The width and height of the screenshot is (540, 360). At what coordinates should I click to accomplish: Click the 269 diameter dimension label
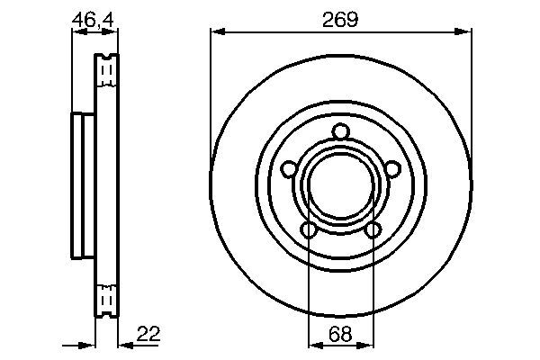click(341, 19)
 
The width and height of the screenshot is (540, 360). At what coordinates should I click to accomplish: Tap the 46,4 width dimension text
click(93, 18)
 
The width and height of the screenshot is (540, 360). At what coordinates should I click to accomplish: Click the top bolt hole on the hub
click(341, 133)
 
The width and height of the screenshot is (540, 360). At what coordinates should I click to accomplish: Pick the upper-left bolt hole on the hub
click(289, 169)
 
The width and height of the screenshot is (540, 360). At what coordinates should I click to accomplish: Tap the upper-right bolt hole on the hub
click(392, 169)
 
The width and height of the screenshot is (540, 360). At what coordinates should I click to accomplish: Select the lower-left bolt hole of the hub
click(309, 230)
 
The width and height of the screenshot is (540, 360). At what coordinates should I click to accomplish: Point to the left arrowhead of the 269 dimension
click(216, 33)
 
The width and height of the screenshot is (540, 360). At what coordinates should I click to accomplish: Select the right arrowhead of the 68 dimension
click(367, 345)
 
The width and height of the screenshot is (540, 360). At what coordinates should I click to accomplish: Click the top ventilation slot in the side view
click(107, 67)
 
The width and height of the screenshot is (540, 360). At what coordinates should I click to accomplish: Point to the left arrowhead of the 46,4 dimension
click(76, 33)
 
